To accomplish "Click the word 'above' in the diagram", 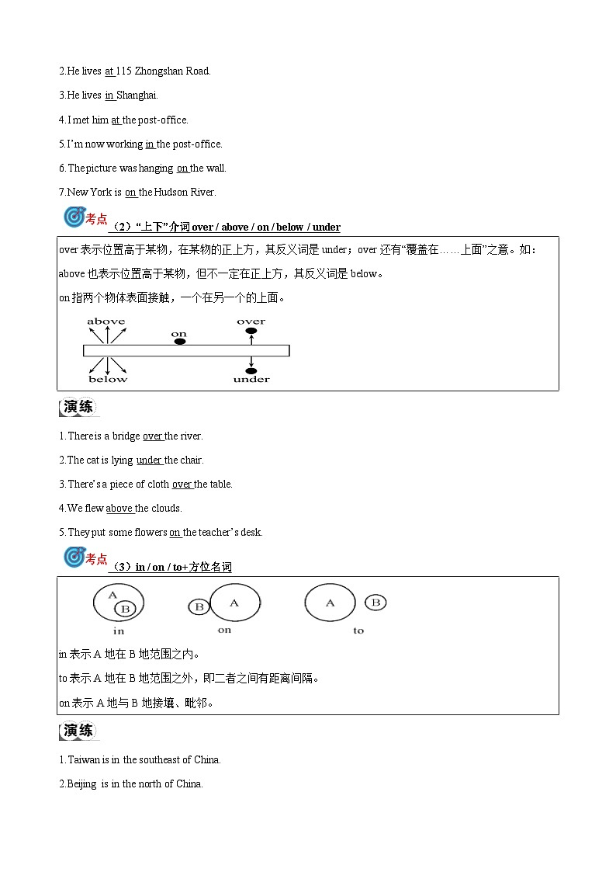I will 106,321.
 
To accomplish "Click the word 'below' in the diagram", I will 108,379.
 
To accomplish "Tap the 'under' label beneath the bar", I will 251,379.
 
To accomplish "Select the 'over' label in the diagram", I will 251,321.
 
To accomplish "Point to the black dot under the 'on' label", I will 179,342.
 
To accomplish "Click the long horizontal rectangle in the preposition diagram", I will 186,351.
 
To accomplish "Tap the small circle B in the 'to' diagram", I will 375,603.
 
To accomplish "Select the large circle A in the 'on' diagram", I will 235,603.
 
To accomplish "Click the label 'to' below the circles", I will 358,631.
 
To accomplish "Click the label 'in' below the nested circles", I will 119,631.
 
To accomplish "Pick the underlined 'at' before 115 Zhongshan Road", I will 109,71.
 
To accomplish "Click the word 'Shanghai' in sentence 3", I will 137,96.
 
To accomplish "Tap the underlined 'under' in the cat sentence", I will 149,460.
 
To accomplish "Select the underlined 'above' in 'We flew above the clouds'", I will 119,509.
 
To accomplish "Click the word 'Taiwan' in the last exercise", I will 83,760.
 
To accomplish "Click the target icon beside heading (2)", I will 74,218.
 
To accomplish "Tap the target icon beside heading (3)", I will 74,558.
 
